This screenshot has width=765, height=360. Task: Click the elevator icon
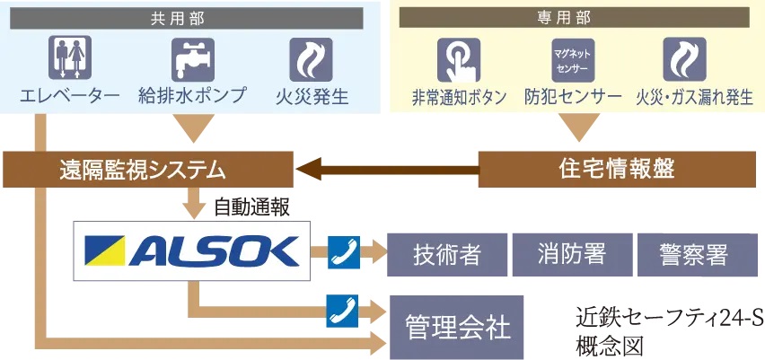[x=69, y=58]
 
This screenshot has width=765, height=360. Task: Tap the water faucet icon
[x=192, y=58]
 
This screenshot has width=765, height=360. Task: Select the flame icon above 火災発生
[x=311, y=58]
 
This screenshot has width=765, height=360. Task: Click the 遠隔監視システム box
[x=149, y=168]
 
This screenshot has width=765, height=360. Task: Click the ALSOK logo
[x=190, y=251]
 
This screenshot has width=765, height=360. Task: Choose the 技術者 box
[x=446, y=255]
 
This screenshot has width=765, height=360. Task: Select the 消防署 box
[x=571, y=255]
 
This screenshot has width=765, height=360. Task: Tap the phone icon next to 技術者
[x=342, y=250]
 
